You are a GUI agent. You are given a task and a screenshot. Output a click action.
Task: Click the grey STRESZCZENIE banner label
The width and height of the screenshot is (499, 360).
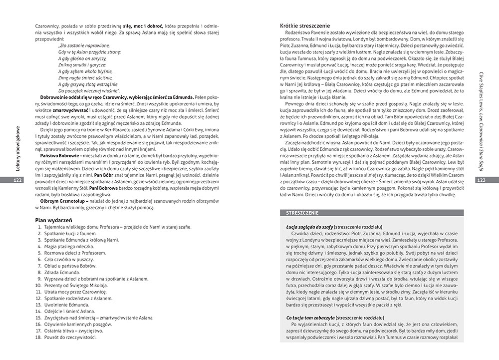coord(300,213)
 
